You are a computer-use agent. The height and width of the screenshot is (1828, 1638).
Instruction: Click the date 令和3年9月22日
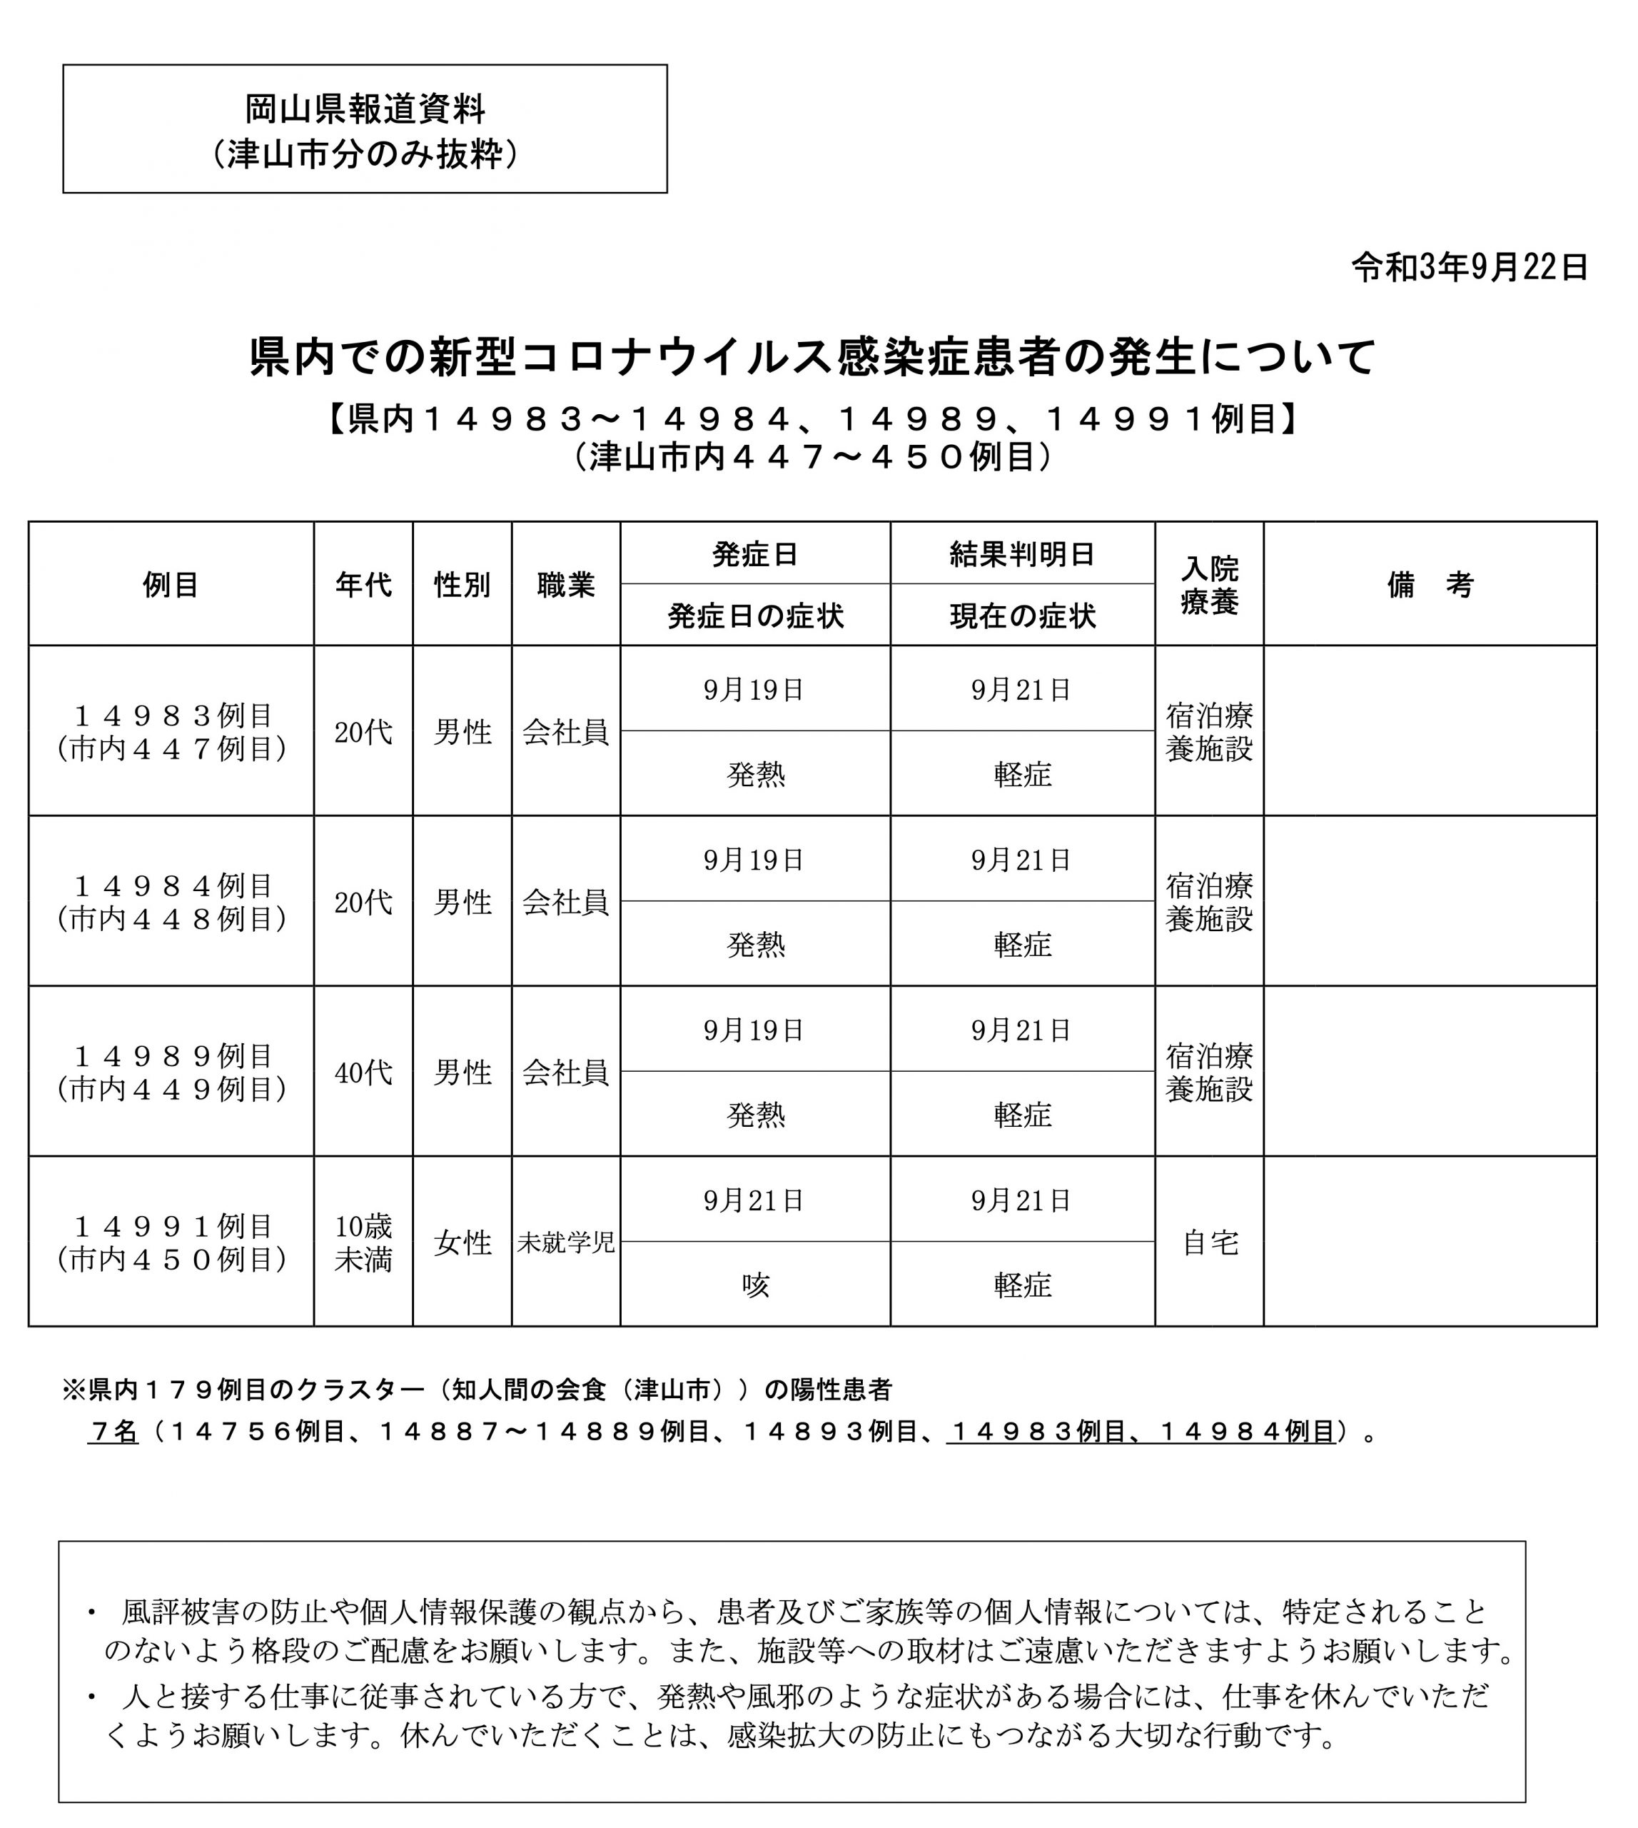(1469, 268)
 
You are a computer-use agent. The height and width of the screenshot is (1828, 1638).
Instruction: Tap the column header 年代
(363, 584)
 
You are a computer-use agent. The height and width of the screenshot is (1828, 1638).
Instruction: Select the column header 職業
(565, 584)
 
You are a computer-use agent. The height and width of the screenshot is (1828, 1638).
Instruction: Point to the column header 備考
(1429, 584)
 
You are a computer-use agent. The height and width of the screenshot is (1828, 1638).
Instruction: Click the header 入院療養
(1209, 584)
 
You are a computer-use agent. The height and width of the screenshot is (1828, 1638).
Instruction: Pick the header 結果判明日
(1021, 554)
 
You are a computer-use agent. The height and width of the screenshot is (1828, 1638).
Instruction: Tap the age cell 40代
(363, 1073)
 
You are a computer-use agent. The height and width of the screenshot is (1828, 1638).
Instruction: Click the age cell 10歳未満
(363, 1242)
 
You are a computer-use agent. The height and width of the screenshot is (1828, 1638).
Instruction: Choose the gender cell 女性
(462, 1242)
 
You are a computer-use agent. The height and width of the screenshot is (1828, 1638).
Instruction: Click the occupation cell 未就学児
(565, 1242)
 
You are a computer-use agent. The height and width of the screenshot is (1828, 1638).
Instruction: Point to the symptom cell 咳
(754, 1285)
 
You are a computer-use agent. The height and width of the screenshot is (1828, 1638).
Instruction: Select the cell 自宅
(1209, 1242)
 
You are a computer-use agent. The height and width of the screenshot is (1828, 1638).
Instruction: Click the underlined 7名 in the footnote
(113, 1432)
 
